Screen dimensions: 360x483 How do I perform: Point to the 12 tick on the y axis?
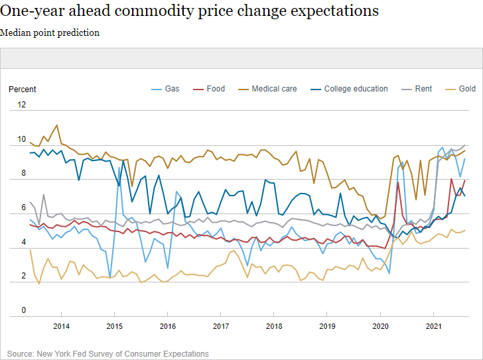(22, 105)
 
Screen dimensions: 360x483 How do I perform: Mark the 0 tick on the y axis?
(24, 310)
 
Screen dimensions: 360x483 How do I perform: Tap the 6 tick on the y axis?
(24, 208)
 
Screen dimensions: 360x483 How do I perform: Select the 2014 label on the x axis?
(61, 326)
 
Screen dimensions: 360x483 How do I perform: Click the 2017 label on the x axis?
(221, 326)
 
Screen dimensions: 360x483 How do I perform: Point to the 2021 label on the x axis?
(433, 326)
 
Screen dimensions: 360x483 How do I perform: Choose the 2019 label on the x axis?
(327, 326)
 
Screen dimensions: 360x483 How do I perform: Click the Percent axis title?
(23, 89)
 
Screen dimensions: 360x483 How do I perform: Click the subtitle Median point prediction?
(50, 32)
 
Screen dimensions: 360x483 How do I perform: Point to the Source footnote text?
(108, 353)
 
